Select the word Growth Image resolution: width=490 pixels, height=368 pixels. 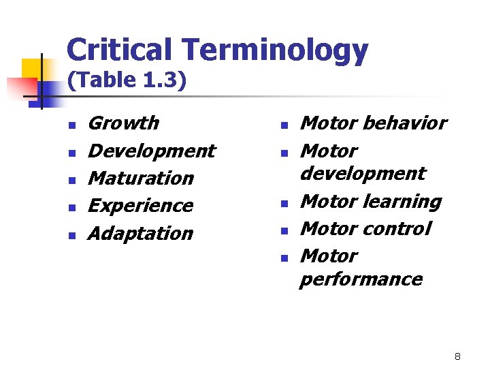click(123, 123)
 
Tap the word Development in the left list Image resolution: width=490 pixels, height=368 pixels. click(151, 151)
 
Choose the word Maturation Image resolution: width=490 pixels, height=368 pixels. click(141, 179)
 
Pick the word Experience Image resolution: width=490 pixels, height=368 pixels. click(141, 206)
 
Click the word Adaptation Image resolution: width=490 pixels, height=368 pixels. click(141, 234)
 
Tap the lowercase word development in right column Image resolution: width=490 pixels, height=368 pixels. click(362, 174)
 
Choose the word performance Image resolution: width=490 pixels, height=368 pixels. click(361, 279)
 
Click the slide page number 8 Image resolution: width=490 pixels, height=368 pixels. click(457, 356)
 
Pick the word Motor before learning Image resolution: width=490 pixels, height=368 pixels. click(329, 202)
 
